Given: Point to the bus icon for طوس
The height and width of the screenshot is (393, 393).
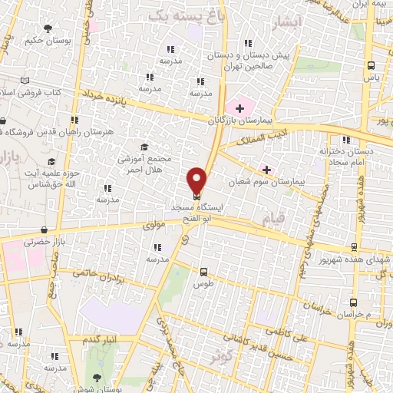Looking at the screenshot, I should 203,272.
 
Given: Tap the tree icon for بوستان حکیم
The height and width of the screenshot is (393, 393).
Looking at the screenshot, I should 48,28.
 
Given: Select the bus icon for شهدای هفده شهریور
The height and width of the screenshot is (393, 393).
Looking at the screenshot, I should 353,247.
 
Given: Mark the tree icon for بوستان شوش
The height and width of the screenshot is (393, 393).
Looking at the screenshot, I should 96,377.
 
